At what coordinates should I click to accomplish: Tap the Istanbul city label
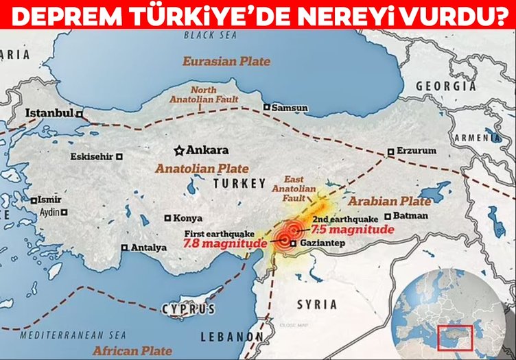[49, 113]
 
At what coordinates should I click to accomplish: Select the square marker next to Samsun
[266, 107]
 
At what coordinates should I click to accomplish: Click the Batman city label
[412, 216]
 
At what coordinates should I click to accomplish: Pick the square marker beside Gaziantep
[293, 243]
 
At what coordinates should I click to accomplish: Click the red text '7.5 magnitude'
[353, 230]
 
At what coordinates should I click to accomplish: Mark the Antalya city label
[148, 248]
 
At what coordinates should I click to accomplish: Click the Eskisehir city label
[91, 156]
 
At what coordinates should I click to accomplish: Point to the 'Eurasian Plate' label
[226, 62]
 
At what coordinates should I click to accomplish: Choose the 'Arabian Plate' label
[389, 202]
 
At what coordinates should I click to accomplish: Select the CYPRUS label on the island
[188, 309]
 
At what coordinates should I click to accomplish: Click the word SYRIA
[316, 304]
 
